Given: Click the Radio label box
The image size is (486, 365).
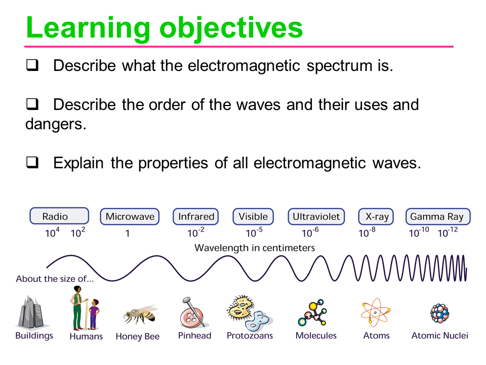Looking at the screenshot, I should pos(59,216).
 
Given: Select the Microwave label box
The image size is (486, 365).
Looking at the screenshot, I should pos(130,216).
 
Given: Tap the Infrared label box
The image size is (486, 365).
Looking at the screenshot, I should pos(196,216).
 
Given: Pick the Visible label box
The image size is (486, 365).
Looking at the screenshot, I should pos(253,216).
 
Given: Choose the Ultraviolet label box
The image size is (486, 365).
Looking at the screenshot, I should pos(316,216).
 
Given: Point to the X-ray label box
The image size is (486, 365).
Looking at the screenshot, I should pos(377,216).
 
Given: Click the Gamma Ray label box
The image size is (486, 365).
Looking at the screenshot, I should pos(437,216).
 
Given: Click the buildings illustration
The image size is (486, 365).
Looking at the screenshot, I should pos(33,312).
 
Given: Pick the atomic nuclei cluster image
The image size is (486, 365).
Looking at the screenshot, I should pos(439,313).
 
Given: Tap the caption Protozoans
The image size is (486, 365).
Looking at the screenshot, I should pos(250,336).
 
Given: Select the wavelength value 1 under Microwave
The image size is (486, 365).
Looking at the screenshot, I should pos(128,234).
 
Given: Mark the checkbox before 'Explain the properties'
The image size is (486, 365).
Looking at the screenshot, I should pos(32,163).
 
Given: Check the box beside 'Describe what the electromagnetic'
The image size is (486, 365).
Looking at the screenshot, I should pos(32,66).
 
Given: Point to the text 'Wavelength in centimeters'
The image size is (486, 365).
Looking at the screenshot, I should pos(255,248).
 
